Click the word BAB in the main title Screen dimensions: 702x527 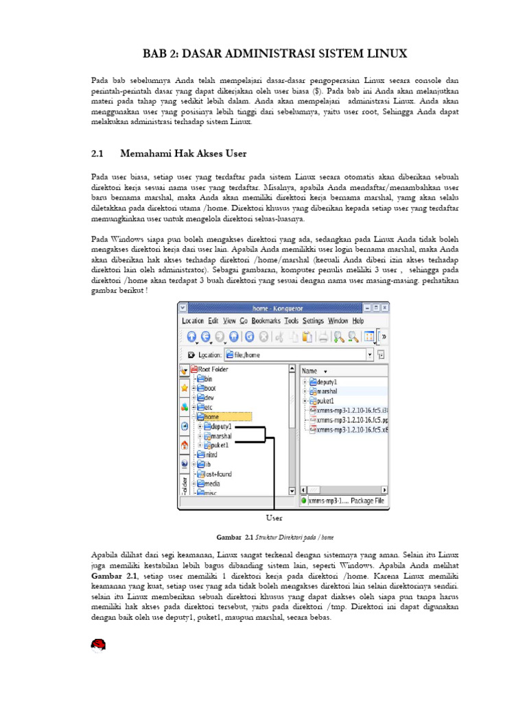[x=155, y=53]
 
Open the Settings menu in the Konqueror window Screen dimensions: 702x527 [x=313, y=320]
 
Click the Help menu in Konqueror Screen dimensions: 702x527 [x=358, y=320]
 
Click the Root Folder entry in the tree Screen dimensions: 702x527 [x=212, y=369]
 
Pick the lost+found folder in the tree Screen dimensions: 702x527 [x=217, y=474]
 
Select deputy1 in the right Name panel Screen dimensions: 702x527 [x=327, y=381]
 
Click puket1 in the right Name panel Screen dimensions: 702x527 [x=325, y=400]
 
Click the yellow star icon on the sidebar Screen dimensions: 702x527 [x=184, y=387]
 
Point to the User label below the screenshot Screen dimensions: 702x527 [x=274, y=518]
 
